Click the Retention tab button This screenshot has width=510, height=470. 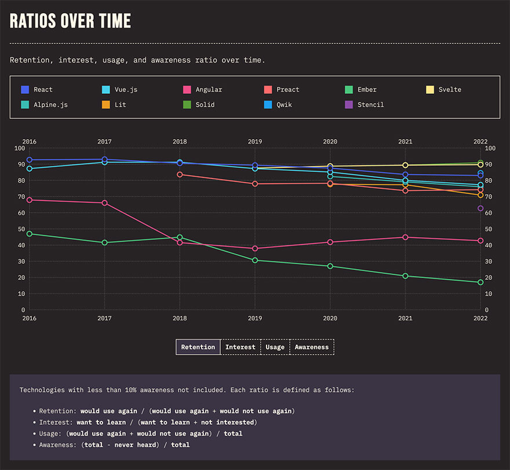pos(198,347)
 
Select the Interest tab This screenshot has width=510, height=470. pos(241,347)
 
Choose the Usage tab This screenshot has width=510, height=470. pos(275,347)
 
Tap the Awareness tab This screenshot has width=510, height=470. pos(311,347)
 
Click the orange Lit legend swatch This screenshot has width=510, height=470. pos(106,105)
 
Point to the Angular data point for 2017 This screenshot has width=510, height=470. pos(105,203)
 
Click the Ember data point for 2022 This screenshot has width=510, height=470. pos(480,282)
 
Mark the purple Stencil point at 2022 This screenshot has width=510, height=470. pos(480,209)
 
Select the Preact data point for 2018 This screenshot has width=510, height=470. pos(180,174)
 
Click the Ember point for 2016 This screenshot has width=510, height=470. pos(30,234)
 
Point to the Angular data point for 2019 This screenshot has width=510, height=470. pos(255,249)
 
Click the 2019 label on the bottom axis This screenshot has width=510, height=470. pos(255,318)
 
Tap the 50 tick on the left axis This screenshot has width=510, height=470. pos(20,229)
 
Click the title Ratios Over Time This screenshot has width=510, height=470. pos(71,21)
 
